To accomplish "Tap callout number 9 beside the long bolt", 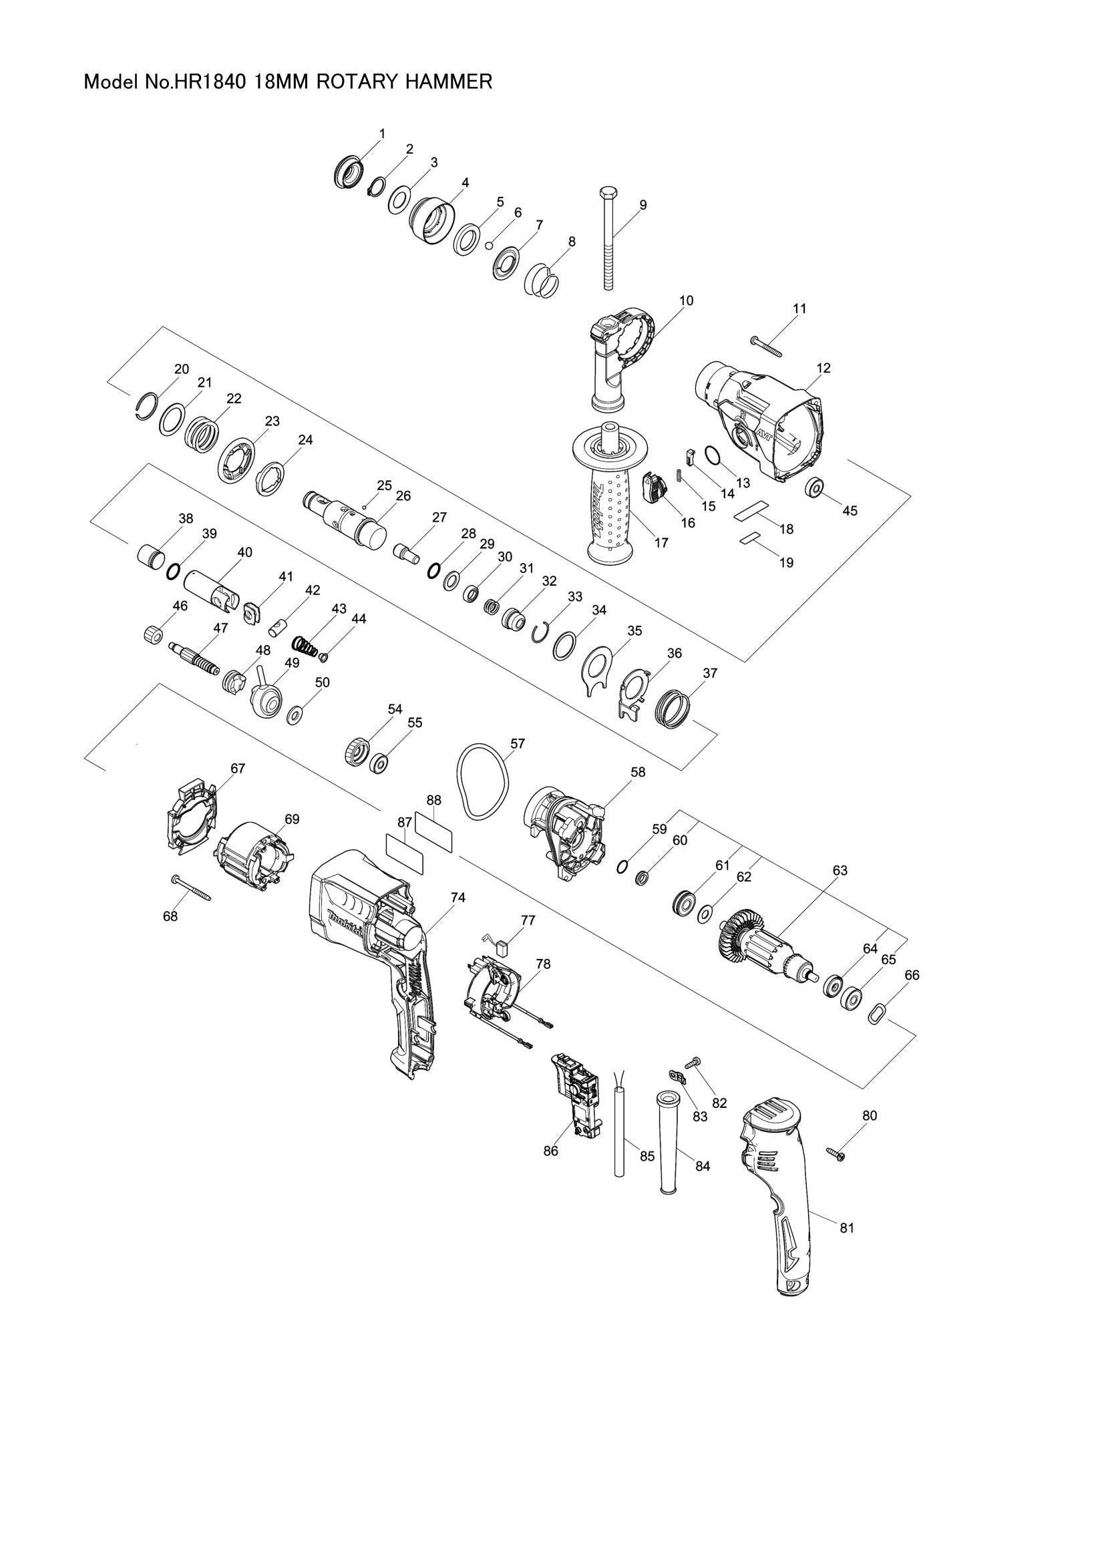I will pos(642,205).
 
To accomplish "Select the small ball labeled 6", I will pos(488,246).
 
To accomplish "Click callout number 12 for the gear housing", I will pos(823,368).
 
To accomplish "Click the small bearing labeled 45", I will pos(813,487).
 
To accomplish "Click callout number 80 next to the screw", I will pos(870,1116).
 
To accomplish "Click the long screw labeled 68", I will pos(192,888).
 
